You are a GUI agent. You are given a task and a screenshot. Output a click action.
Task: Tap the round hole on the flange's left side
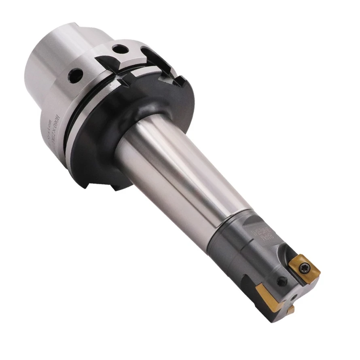pyautogui.click(x=76, y=76)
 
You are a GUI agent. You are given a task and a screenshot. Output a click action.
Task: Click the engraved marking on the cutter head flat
pyautogui.click(x=266, y=233)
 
